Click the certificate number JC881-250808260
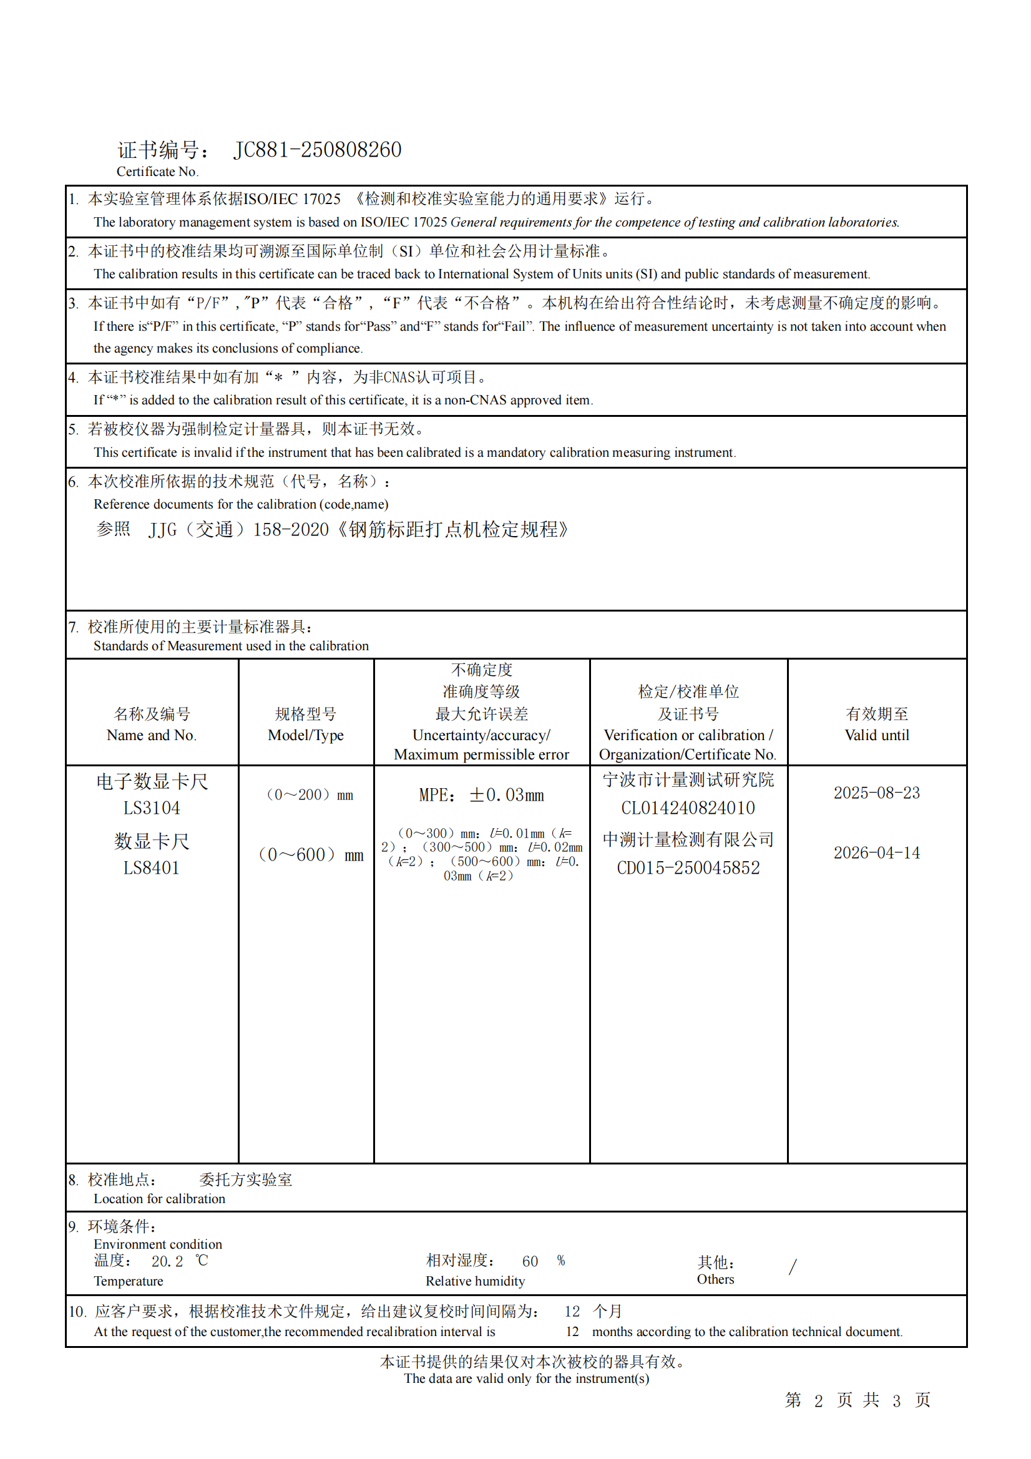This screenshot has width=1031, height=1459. pos(317,150)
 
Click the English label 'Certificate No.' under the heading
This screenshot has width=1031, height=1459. pos(158,172)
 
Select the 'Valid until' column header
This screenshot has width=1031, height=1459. pos(877,735)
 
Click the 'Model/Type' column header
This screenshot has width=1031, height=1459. pos(306,735)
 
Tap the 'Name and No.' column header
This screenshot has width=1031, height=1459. pos(151,735)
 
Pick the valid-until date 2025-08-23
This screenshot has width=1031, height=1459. pos(877,793)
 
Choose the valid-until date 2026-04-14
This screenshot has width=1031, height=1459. pos(877,853)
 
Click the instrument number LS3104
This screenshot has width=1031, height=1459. pos(151,808)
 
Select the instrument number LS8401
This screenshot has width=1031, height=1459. pos(151,868)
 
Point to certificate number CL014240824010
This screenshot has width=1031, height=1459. pos(688,808)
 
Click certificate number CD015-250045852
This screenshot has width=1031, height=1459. pos(688,868)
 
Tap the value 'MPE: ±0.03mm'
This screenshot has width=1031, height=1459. pos(481,795)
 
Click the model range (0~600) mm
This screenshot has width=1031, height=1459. pos(311,855)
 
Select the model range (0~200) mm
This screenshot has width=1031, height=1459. pos(310,795)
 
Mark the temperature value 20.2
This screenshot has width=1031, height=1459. pos(167,1262)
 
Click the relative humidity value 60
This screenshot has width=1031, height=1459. pos(530,1262)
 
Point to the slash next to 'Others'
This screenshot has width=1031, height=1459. pos(793,1267)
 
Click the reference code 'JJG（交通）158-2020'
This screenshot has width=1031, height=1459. pos(238,530)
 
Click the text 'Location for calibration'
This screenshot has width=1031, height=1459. pos(160,1199)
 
